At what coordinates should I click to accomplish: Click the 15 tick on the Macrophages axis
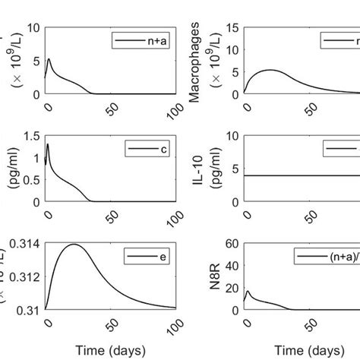click(232, 28)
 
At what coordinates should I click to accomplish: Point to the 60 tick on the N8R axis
click(232, 245)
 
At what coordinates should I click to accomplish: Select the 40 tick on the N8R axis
click(232, 266)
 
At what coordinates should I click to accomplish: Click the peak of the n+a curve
click(49, 59)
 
